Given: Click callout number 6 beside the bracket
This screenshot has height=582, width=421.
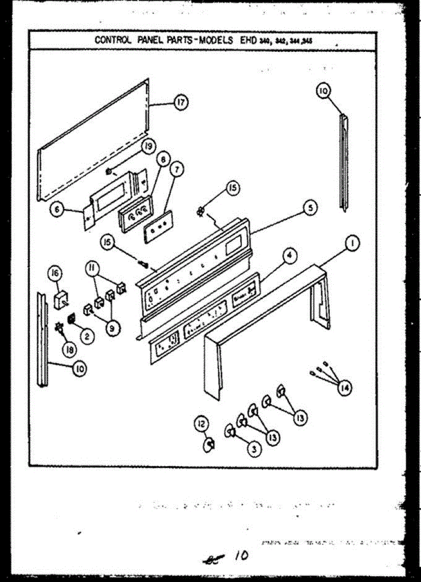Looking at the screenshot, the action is pos(58,210).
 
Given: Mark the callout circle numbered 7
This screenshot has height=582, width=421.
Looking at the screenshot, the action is pos(177,170).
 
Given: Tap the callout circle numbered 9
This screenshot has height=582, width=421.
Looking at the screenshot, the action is pos(112,328).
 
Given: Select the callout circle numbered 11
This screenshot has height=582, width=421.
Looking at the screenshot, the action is pos(91,267).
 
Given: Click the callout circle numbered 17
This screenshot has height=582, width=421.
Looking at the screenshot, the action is pos(181,103).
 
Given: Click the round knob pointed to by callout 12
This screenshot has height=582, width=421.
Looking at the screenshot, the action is pos(210,444).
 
